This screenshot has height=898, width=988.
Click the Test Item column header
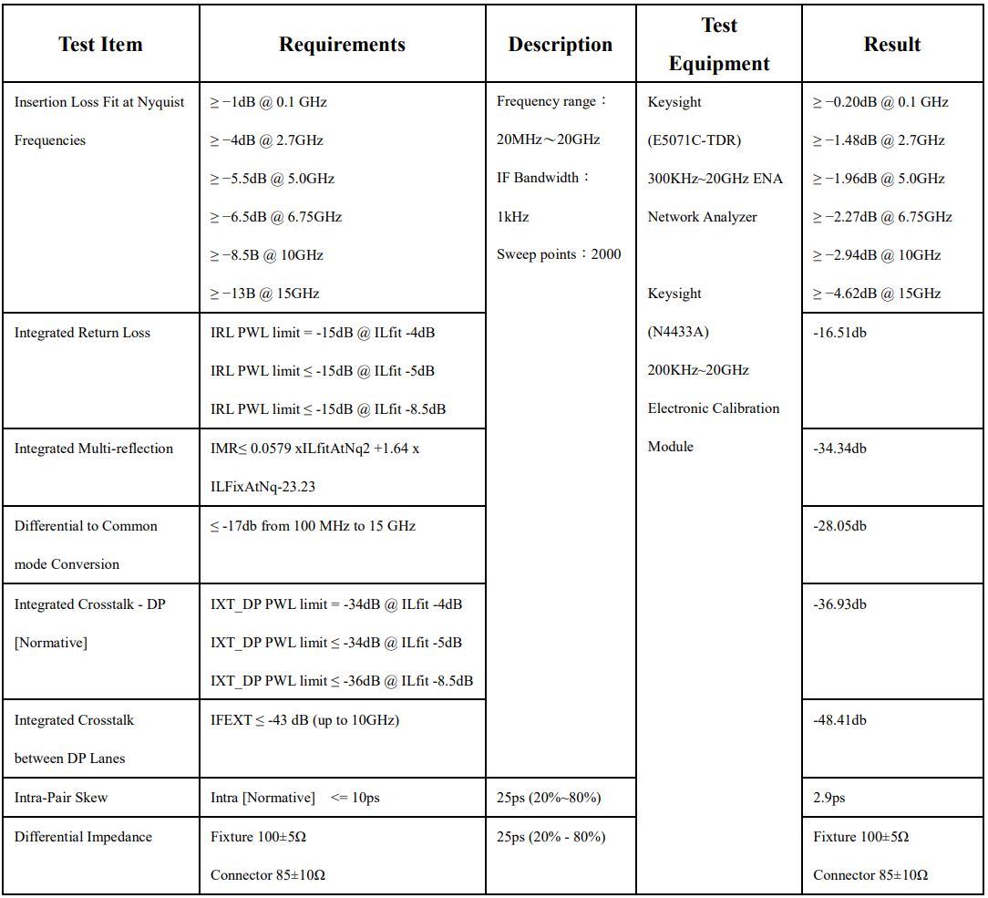point(100,45)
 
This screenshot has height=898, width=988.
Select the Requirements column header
point(342,45)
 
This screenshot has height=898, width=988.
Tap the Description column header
point(560,45)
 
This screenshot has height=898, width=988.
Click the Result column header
point(891,45)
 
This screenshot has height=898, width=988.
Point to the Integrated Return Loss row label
point(82,333)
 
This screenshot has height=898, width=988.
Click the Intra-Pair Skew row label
point(61,798)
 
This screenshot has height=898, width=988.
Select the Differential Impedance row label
point(83,837)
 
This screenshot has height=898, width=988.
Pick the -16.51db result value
point(839,333)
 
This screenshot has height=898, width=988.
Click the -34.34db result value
point(839,449)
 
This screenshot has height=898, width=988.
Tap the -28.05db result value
point(839,526)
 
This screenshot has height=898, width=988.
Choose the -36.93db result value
point(839,604)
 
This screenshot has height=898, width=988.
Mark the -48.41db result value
point(839,720)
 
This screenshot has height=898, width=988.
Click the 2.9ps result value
point(828,798)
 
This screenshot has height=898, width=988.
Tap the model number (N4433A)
point(678,332)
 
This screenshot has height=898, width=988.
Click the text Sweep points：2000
point(559,254)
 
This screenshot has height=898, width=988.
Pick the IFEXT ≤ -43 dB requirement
point(304,720)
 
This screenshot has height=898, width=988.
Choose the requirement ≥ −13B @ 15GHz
point(264,294)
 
